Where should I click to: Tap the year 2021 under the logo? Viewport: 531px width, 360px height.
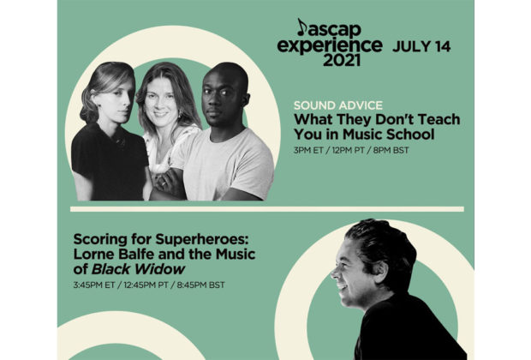tap(342, 60)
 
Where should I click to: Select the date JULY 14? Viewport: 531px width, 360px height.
tap(421, 46)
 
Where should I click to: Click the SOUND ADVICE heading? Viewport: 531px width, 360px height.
tap(338, 105)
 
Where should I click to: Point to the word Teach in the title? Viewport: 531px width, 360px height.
tap(439, 120)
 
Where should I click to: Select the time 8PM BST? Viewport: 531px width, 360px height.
tap(391, 150)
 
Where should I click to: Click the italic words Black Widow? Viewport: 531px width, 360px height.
tap(138, 269)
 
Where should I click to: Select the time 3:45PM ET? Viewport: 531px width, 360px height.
tap(94, 285)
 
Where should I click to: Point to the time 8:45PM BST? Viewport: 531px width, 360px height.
tap(200, 285)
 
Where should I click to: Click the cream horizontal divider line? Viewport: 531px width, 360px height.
tap(267, 209)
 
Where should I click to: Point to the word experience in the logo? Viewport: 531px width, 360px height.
tap(330, 45)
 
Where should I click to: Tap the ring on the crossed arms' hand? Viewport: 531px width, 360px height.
tap(164, 184)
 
